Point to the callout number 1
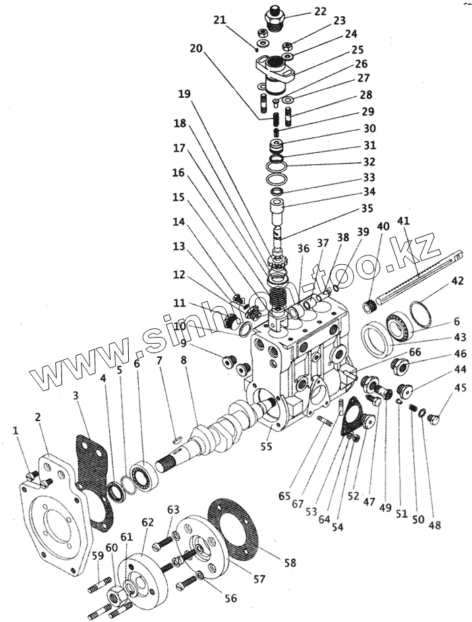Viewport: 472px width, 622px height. [x=15, y=429]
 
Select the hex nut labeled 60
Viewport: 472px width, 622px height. [x=113, y=594]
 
